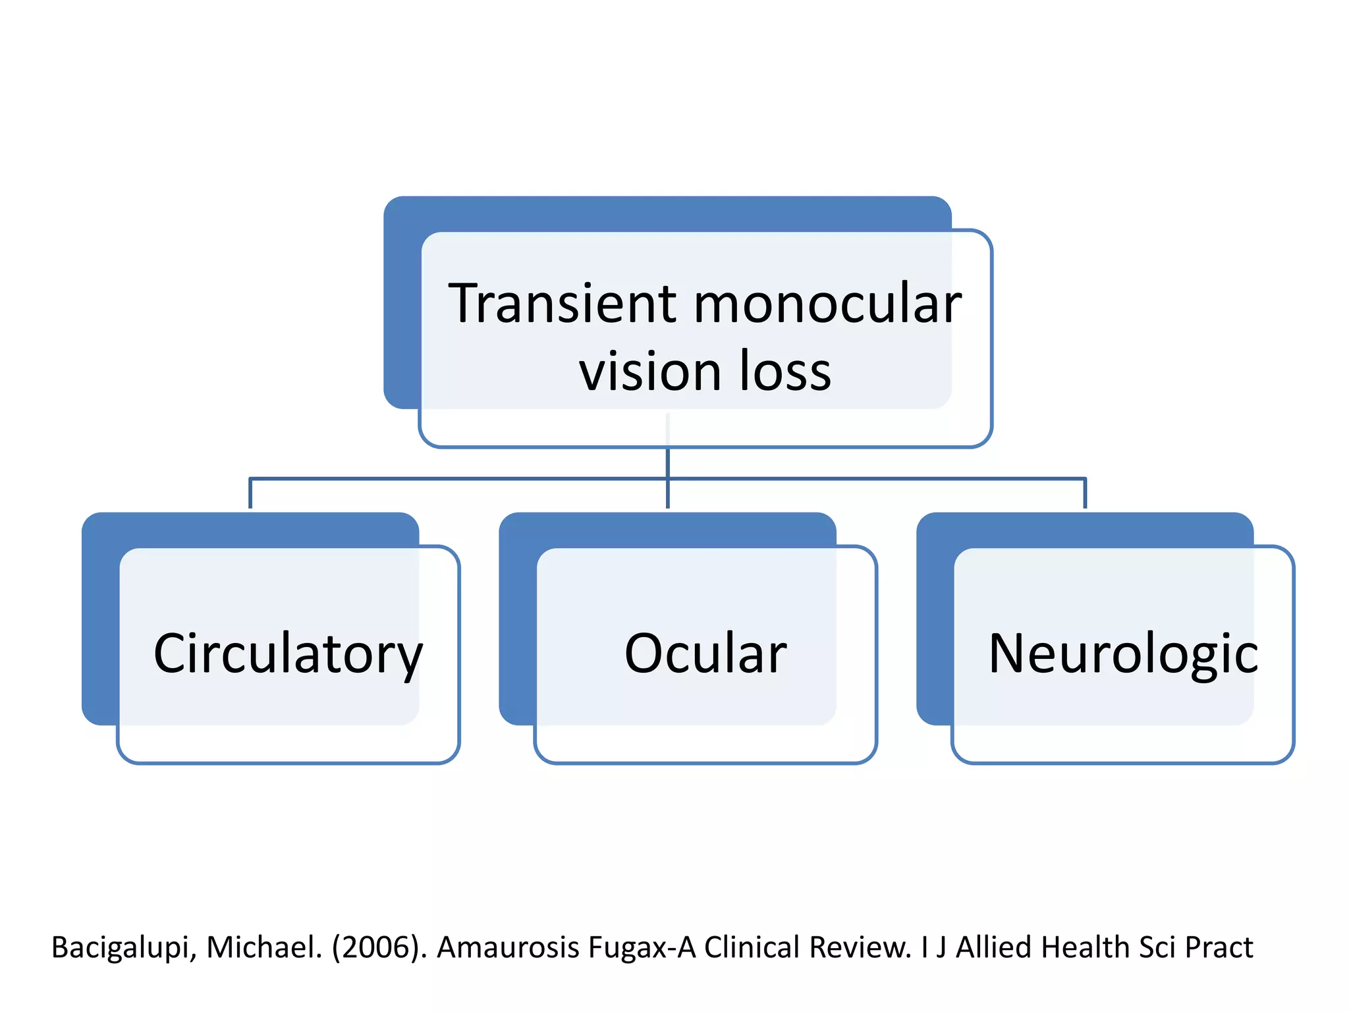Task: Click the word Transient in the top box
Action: coord(562,304)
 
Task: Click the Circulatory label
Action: coord(288,654)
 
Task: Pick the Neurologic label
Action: coord(1123,654)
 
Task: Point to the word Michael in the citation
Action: coord(263,948)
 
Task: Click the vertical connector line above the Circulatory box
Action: coord(250,493)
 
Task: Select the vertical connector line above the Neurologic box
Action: coord(1085,493)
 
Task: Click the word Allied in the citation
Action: coord(994,948)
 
